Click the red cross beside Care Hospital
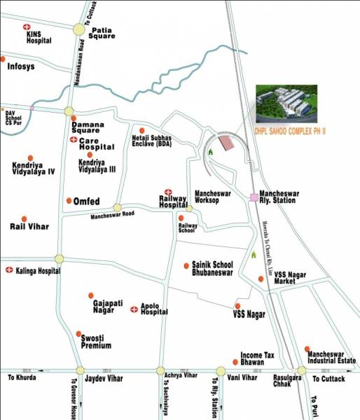pyautogui.click(x=74, y=141)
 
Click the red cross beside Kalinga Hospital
pyautogui.click(x=9, y=269)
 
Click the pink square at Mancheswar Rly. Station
pyautogui.click(x=254, y=197)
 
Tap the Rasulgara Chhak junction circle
pyautogui.click(x=302, y=371)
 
